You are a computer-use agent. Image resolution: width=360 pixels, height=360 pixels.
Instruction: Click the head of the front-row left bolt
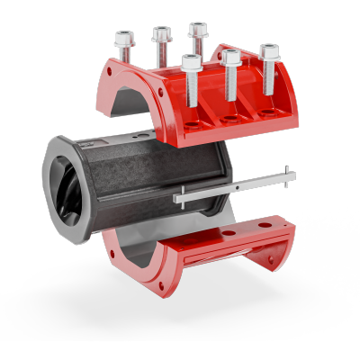(x=191, y=62)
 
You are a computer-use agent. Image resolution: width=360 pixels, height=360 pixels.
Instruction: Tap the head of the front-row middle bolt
(x=230, y=58)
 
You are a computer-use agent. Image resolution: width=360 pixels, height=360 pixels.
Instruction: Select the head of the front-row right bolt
(x=268, y=49)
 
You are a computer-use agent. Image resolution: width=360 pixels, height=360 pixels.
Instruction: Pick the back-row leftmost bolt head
(x=123, y=39)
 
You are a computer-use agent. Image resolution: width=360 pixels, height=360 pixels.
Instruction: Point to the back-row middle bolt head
(x=162, y=34)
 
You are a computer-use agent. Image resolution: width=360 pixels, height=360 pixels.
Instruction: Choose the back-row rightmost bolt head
(x=198, y=29)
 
